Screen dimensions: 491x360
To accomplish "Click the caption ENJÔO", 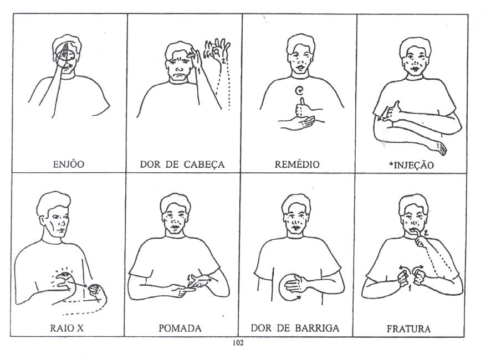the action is [x=69, y=164].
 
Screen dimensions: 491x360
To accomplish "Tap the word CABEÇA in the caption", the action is [x=204, y=164].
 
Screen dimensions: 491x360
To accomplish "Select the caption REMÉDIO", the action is [x=297, y=164].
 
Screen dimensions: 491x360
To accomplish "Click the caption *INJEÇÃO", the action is [x=411, y=165].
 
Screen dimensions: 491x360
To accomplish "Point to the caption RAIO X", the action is [x=67, y=328].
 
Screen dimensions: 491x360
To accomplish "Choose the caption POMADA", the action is [x=180, y=328].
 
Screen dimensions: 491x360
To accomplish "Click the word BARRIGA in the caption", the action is [x=317, y=328].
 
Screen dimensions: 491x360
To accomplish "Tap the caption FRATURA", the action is [x=408, y=328].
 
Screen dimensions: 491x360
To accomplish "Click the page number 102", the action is [x=238, y=343].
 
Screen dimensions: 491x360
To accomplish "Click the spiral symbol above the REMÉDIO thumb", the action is [x=300, y=91].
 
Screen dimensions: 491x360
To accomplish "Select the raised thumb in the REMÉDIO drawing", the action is [x=302, y=102].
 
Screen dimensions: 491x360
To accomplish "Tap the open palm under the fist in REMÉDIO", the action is [x=300, y=121].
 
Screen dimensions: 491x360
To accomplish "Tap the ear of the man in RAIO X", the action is [x=43, y=220].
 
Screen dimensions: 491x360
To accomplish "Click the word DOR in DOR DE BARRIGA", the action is [x=260, y=328].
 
